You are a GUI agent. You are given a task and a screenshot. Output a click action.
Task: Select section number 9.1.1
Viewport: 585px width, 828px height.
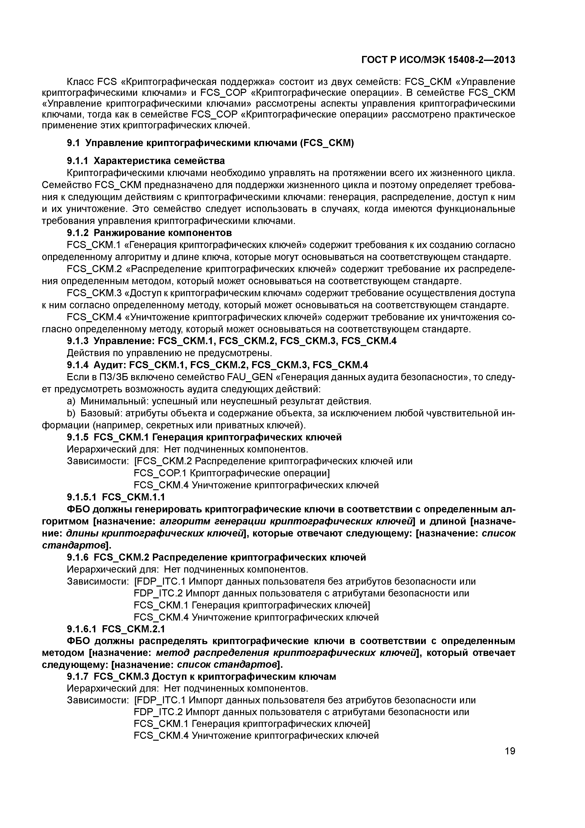tap(78, 161)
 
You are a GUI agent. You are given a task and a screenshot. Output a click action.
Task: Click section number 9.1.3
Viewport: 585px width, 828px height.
tap(78, 341)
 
